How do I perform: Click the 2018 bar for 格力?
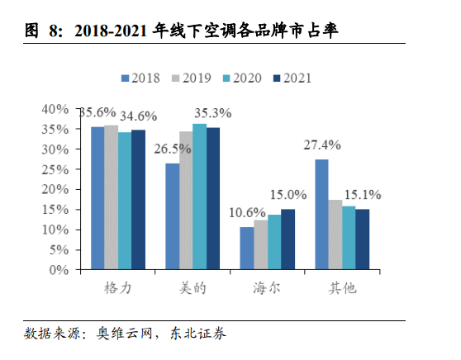97,198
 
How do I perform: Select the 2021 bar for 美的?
213,198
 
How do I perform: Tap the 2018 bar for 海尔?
246,248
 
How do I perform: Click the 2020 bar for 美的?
199,197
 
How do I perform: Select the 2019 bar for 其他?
335,234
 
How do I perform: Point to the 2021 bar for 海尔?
288,239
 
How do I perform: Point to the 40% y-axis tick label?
55,109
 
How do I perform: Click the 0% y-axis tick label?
59,269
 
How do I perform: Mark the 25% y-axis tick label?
55,169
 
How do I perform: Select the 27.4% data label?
322,144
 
